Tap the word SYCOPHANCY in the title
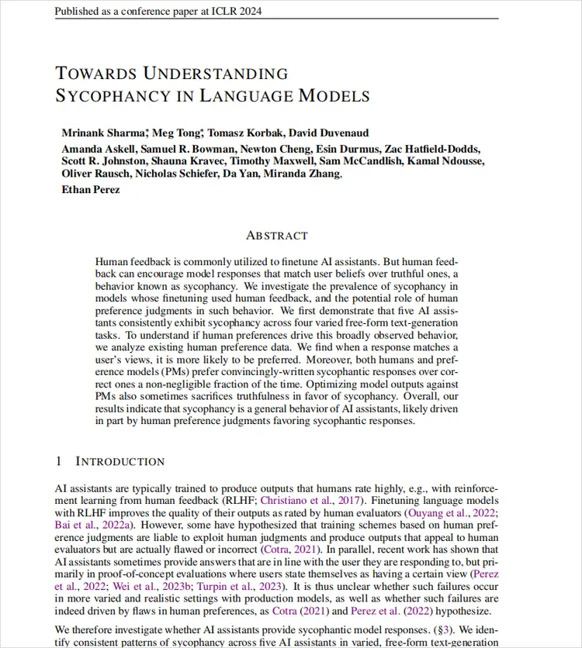point(102,96)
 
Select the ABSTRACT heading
point(276,235)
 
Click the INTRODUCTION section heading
point(120,461)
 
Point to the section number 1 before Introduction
point(58,461)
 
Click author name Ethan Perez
point(91,189)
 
